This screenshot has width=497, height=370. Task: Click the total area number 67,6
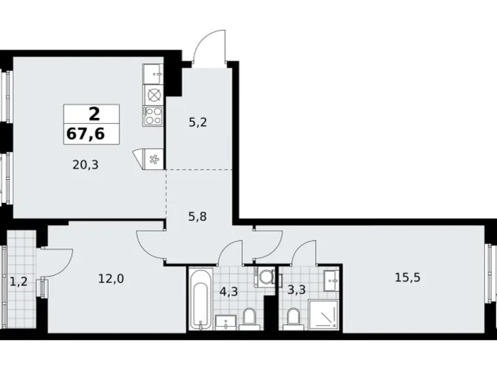85,134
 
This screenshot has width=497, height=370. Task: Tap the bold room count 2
94,114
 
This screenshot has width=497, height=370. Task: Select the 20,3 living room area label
85,165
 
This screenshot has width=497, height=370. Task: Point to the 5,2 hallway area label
198,122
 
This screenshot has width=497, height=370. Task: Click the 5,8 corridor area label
198,217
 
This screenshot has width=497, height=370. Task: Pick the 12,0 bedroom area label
111,279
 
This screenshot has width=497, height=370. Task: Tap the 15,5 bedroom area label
407,277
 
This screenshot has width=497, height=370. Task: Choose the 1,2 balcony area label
18,281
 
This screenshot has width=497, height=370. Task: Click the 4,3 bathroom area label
229,292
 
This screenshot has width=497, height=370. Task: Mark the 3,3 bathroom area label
296,290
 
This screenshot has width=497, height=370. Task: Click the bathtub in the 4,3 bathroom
201,299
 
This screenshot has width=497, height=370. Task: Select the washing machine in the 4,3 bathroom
265,277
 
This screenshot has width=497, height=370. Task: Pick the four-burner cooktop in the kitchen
153,115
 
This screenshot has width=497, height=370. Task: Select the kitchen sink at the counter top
153,74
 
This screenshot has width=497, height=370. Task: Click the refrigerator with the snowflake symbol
154,159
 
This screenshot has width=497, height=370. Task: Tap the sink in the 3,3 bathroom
331,281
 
